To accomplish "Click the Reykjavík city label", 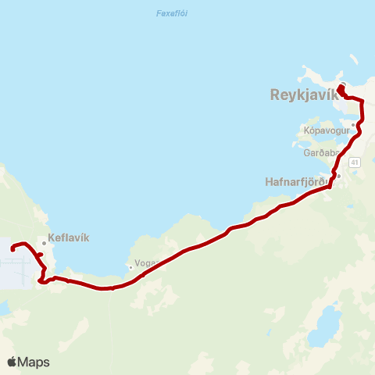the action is tap(303, 95).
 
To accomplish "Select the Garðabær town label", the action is tap(320, 153).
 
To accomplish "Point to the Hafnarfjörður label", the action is tap(299, 181).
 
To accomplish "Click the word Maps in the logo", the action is tap(34, 362).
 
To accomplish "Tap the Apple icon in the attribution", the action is tap(12, 362).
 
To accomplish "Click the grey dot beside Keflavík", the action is tap(45, 243).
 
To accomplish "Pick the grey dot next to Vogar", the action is tap(130, 267).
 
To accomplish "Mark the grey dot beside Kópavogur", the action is tap(353, 124).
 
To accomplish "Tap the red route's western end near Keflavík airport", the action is tap(12, 249).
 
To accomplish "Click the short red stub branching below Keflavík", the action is tap(39, 255).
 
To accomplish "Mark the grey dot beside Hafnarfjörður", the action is tap(338, 176).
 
